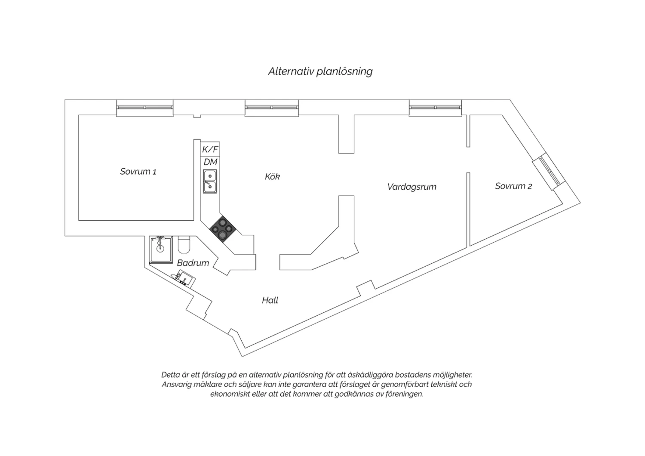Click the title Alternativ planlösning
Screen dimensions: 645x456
pyautogui.click(x=320, y=71)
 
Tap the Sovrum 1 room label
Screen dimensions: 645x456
pyautogui.click(x=138, y=172)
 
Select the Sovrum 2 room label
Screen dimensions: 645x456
pyautogui.click(x=513, y=186)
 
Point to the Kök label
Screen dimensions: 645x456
pyautogui.click(x=272, y=176)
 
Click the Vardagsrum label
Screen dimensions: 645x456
pyautogui.click(x=412, y=187)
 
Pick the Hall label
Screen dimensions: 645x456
pyautogui.click(x=270, y=300)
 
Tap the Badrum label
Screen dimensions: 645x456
pyautogui.click(x=193, y=263)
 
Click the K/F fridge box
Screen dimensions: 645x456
pyautogui.click(x=210, y=149)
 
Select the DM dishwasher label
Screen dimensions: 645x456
pyautogui.click(x=211, y=162)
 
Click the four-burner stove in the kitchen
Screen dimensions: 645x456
pyautogui.click(x=223, y=229)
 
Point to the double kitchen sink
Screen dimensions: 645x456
pyautogui.click(x=210, y=181)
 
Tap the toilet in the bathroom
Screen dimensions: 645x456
pyautogui.click(x=184, y=244)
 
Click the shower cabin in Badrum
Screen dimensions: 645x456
pyautogui.click(x=161, y=250)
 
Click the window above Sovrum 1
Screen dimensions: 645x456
pyautogui.click(x=145, y=108)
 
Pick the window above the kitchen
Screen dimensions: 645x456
pyautogui.click(x=272, y=108)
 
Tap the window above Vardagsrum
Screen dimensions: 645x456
pyautogui.click(x=435, y=108)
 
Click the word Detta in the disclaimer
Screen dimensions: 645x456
pyautogui.click(x=170, y=375)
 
